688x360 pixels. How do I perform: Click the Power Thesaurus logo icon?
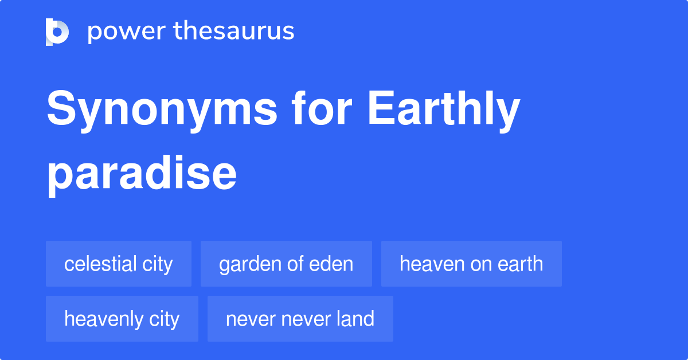(x=57, y=32)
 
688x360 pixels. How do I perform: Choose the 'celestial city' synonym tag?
(x=119, y=264)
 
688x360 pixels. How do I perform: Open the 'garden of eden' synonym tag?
(x=286, y=264)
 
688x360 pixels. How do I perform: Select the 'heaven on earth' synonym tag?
(x=471, y=264)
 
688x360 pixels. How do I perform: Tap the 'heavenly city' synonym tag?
(x=122, y=319)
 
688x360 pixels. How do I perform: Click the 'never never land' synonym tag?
(x=300, y=319)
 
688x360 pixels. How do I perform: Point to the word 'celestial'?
(x=100, y=264)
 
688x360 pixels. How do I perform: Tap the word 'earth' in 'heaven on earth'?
(x=519, y=264)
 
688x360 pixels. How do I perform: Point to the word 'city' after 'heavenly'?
(x=165, y=319)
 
